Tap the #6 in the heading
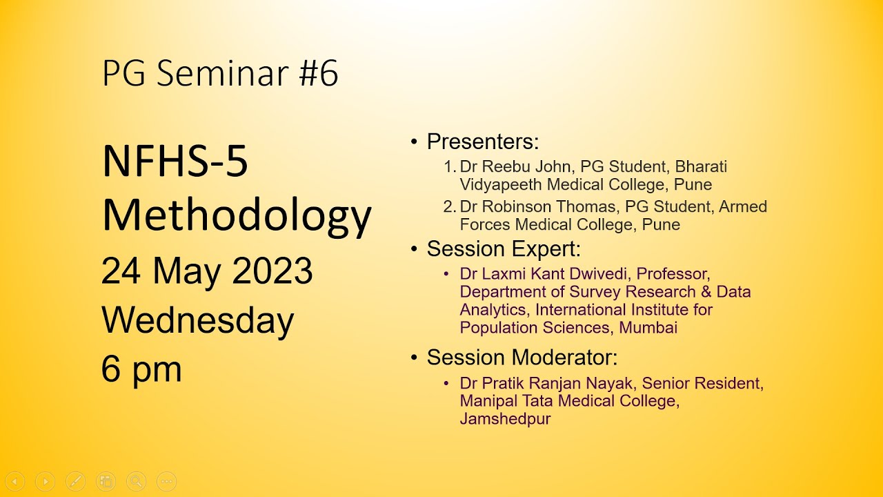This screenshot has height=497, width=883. [x=319, y=73]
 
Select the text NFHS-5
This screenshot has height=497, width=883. [x=175, y=163]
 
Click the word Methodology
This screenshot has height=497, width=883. [x=237, y=215]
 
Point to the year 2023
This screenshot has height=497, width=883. [x=272, y=271]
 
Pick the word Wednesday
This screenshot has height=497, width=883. [x=198, y=320]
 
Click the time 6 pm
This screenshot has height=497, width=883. [x=141, y=369]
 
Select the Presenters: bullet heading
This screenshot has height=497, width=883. [x=482, y=142]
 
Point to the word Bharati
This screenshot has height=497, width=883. [x=701, y=167]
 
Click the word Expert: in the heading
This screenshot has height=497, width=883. [x=550, y=248]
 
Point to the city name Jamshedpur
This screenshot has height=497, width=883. [x=505, y=419]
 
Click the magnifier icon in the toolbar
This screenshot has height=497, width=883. [x=136, y=481]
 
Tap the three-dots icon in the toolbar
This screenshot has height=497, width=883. [x=166, y=481]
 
